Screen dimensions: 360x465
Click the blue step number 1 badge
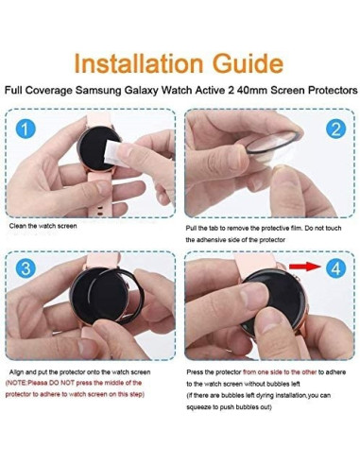[x=26, y=129]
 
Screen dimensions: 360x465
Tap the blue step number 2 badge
[x=335, y=129]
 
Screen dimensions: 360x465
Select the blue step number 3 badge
[x=26, y=268]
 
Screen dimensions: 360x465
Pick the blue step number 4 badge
[x=335, y=268]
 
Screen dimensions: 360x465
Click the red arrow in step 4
[x=305, y=267]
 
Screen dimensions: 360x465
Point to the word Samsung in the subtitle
[x=98, y=91]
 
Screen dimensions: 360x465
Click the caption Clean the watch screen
[x=43, y=226]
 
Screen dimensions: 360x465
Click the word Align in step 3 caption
[x=16, y=372]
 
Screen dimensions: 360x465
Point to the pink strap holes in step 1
[x=100, y=211]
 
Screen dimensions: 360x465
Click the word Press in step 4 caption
[x=194, y=372]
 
